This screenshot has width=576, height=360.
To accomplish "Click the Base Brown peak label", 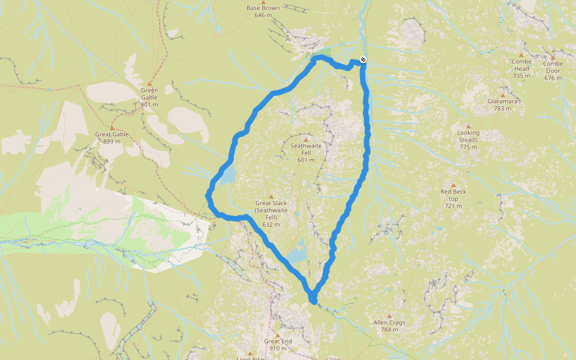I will point(263,8).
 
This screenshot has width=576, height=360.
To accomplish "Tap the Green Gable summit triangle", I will point(149,83).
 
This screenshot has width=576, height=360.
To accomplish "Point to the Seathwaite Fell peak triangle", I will point(305,139).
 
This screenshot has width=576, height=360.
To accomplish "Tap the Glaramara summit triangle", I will point(502,95).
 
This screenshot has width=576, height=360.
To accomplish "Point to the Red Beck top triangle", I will point(454,185).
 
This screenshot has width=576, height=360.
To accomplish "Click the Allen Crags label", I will point(389,322).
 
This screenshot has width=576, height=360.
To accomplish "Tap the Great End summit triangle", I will point(278,335).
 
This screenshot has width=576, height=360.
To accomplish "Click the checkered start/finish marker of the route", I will point(363,59).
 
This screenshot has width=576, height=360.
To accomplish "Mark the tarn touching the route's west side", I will point(227,175).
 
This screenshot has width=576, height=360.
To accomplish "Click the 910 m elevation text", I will point(278,348).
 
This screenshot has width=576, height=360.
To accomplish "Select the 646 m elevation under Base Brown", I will point(263,15).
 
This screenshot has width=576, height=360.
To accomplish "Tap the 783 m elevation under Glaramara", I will point(502,109).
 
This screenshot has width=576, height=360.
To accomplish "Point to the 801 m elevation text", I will point(149,104).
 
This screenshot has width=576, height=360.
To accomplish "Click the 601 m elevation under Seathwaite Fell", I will point(305,160).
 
